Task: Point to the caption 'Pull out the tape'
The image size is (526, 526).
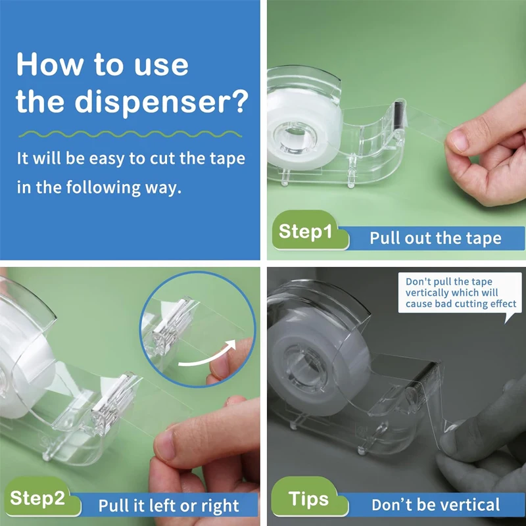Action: (435, 238)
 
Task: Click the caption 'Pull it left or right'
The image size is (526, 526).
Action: (168, 506)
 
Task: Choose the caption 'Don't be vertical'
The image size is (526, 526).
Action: (435, 505)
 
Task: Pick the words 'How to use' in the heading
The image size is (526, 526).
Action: (102, 65)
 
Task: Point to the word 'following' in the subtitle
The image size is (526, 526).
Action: (95, 187)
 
